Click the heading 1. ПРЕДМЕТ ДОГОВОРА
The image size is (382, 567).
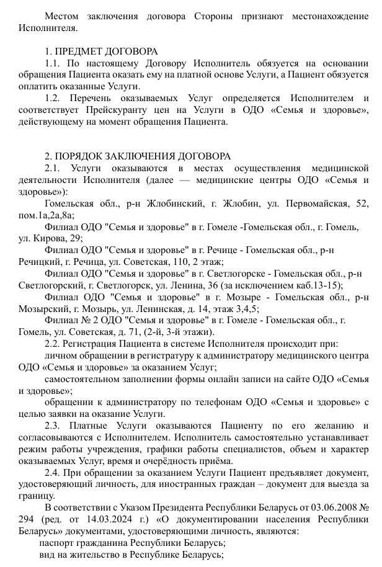(x=102, y=51)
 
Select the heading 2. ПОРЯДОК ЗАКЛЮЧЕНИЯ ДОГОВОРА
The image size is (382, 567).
(x=137, y=156)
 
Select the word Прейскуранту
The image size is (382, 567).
(x=104, y=110)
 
